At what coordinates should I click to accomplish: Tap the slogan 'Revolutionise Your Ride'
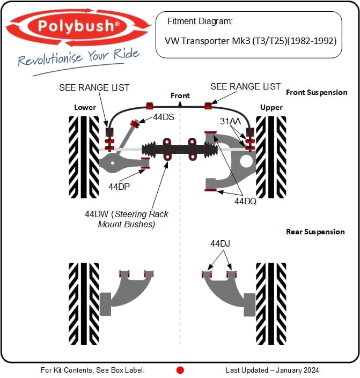point(78,57)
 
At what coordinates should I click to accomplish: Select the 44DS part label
point(164,116)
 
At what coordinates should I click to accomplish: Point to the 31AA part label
point(230,121)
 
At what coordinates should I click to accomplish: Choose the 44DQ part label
point(245,202)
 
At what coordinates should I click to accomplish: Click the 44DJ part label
point(220,244)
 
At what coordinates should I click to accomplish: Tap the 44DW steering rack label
point(127,219)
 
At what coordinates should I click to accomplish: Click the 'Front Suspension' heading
point(317,92)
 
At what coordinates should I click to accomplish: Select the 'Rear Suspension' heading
point(315,232)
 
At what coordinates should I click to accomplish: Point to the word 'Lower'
point(85,107)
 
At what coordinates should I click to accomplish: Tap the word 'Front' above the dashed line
point(180,95)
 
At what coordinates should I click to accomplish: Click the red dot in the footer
point(180,370)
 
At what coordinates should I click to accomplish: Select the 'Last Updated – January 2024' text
point(272,370)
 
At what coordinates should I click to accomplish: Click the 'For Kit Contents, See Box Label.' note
point(92,370)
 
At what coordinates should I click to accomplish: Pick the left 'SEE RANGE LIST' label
point(94,87)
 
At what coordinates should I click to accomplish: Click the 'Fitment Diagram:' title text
point(200,21)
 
